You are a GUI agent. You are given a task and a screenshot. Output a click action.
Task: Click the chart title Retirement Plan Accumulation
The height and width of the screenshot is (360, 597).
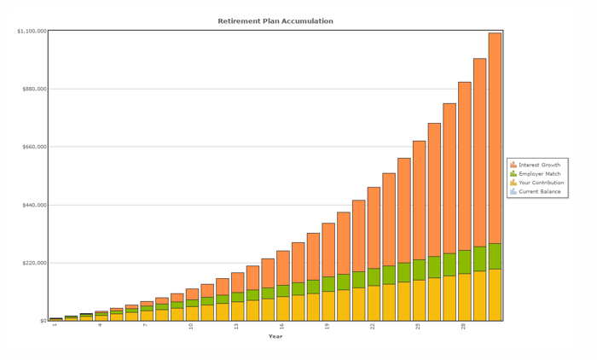[275, 20]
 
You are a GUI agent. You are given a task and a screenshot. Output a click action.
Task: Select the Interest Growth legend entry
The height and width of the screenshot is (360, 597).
[539, 165]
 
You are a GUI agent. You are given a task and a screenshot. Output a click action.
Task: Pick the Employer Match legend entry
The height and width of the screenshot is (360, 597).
[539, 173]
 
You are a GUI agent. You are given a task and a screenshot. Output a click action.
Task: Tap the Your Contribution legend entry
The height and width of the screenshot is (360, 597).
[541, 183]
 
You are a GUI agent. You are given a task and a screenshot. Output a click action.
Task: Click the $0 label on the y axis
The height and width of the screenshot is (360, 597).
[42, 321]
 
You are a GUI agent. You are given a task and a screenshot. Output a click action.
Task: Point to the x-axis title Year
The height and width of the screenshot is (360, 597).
[275, 336]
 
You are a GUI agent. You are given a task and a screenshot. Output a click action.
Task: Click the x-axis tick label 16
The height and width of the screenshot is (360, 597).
[282, 326]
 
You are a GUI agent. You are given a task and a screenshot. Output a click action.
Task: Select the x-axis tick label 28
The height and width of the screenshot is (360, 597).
[464, 326]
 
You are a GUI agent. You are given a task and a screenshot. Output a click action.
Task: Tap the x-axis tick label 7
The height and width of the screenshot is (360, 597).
[146, 326]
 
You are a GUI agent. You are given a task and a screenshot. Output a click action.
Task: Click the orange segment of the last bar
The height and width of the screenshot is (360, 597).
[495, 136]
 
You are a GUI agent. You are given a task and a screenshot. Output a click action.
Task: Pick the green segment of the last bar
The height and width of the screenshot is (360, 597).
[495, 256]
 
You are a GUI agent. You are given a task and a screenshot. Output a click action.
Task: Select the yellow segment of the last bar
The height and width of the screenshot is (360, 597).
[495, 295]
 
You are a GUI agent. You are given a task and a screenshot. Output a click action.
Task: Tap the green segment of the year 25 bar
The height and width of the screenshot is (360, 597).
[419, 270]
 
